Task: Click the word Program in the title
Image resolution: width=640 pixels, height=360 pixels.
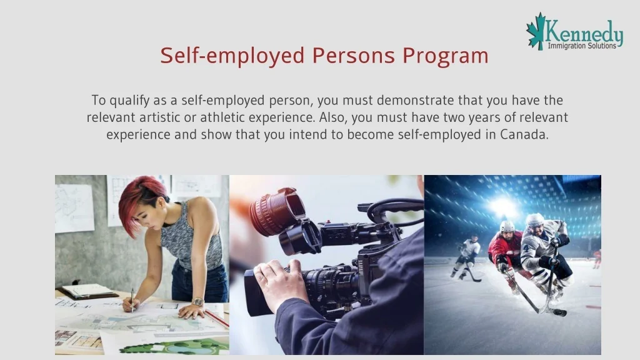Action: pos(445,56)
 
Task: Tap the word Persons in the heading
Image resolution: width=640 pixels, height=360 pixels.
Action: pos(354,56)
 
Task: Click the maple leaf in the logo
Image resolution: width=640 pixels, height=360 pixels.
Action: pos(536,31)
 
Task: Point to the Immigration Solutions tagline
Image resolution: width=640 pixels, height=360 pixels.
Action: pos(582,45)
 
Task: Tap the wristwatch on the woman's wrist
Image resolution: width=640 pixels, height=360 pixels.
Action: pos(197,302)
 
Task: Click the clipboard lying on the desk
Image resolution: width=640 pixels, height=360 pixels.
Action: pos(89,291)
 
